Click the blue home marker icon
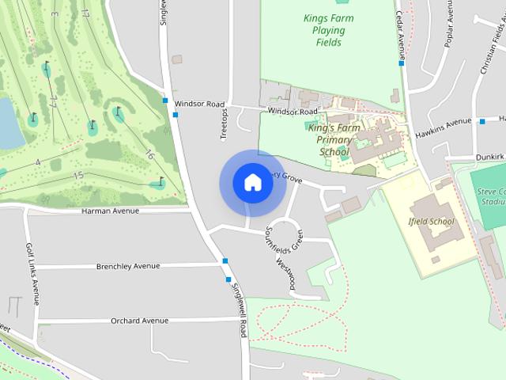pos(252,182)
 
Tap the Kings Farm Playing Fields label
pos(324,30)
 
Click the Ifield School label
pos(432,222)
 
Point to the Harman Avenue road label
pos(110,211)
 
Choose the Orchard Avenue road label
pos(139,321)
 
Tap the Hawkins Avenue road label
pos(443,127)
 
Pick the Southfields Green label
pos(273,237)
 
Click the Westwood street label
pos(286,275)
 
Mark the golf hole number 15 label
pos(77,175)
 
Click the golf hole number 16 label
pos(149,154)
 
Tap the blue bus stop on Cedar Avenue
pos(402,63)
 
